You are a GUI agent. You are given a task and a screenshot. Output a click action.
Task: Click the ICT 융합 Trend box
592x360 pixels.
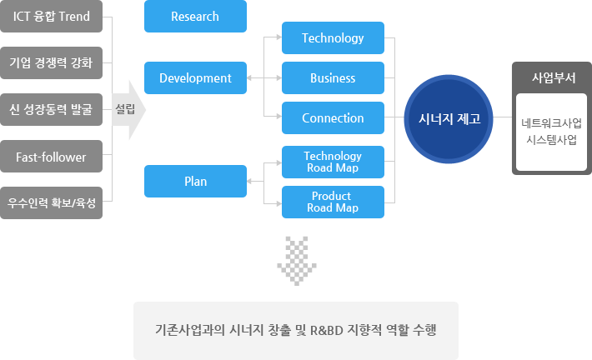point(51,17)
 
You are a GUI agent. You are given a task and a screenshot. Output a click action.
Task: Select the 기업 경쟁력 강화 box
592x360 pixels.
point(51,62)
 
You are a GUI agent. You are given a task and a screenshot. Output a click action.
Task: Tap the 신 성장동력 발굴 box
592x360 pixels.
point(51,108)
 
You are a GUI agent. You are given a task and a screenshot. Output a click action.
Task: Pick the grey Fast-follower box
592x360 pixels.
point(51,156)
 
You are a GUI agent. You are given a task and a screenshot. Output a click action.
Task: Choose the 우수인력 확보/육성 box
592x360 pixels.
point(51,202)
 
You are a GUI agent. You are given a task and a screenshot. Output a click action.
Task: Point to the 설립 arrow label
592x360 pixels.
point(126,108)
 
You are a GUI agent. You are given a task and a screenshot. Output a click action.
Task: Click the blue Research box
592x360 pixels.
point(195,17)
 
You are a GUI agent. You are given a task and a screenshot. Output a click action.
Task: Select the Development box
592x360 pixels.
point(195,78)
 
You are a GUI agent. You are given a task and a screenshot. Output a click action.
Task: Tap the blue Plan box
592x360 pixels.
point(195,181)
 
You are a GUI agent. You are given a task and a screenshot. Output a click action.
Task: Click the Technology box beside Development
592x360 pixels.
point(333,38)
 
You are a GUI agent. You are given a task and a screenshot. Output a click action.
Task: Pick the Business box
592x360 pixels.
point(333,78)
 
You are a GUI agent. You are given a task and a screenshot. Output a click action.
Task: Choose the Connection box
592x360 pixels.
point(333,118)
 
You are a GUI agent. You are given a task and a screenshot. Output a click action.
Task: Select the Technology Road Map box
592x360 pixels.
point(333,162)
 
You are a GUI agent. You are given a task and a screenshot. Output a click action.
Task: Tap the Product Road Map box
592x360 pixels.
point(333,202)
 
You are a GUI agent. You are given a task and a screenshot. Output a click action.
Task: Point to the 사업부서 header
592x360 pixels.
point(552,78)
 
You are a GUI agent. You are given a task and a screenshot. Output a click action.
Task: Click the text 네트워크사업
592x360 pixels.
point(552,124)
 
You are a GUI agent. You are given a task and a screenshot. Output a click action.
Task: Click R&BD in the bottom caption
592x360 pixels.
point(328,330)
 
